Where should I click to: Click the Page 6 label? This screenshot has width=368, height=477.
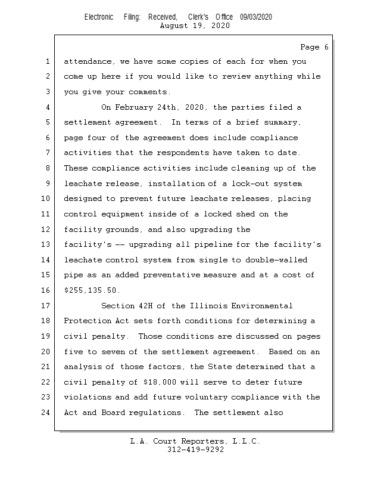(314, 47)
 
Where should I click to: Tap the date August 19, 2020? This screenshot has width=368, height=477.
(195, 26)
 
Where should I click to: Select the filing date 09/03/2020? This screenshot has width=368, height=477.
(256, 17)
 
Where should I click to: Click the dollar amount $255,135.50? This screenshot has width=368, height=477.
(91, 290)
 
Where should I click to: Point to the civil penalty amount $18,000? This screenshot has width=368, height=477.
(163, 382)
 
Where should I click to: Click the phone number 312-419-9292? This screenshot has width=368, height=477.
(195, 450)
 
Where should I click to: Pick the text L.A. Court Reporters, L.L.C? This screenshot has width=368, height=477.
(195, 441)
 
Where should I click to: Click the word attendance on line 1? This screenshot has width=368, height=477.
(89, 61)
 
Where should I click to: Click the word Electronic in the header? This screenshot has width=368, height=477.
(99, 17)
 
